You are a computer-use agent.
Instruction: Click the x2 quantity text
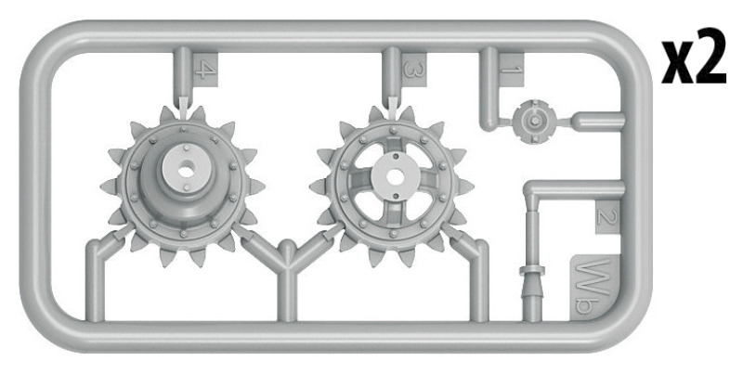tap(694, 56)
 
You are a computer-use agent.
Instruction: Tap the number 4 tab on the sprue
tap(205, 70)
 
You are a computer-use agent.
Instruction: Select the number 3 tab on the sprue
tap(414, 70)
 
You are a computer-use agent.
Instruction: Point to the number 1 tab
tap(512, 70)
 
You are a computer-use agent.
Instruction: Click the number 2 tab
tap(607, 217)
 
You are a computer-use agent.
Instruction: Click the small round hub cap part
tap(535, 122)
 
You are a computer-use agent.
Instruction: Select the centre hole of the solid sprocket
tap(187, 172)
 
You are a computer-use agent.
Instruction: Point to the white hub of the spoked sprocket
tap(395, 176)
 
